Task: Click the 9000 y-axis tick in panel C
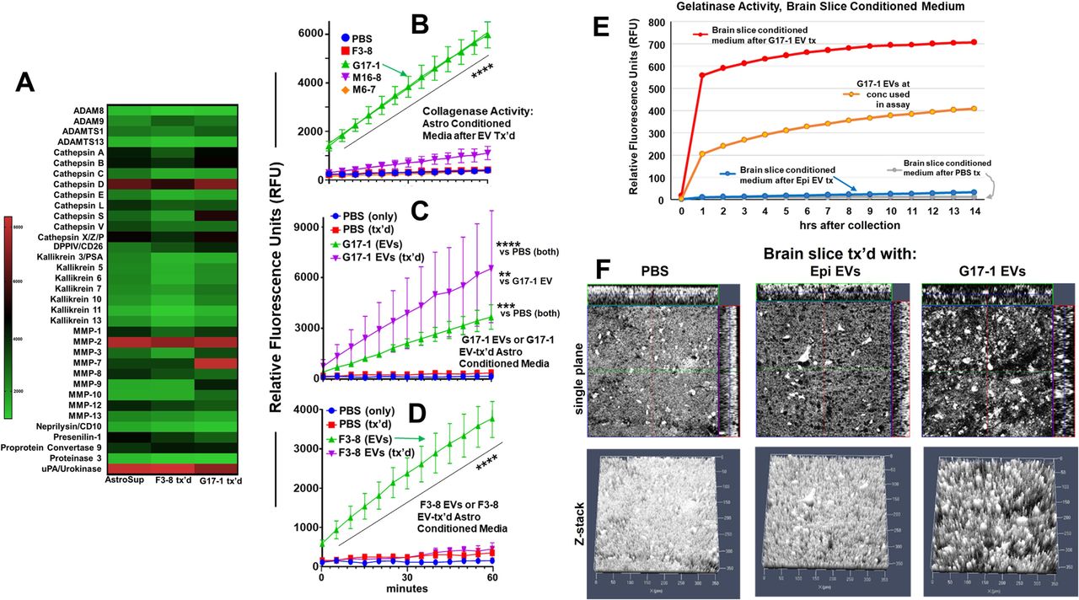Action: click(303, 227)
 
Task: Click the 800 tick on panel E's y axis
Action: click(663, 20)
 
